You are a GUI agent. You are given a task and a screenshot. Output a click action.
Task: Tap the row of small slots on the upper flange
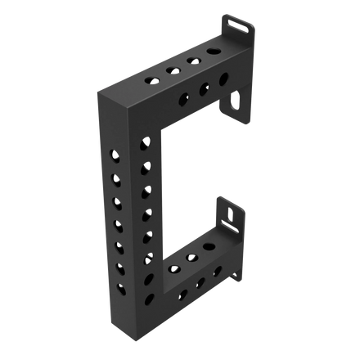click(x=237, y=26)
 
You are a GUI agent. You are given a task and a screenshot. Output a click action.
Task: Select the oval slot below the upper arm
click(x=236, y=102)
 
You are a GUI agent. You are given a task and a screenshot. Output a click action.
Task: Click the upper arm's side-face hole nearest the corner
click(x=182, y=101)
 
